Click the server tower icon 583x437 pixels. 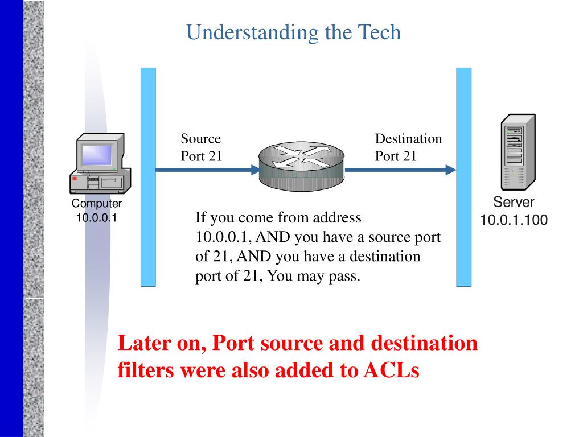coord(517,152)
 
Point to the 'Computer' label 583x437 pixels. coord(97,204)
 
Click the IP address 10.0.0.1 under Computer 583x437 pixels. coord(97,217)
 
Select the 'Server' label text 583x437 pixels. coord(514,203)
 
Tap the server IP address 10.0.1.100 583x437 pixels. coord(514,220)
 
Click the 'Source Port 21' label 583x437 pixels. coord(202,147)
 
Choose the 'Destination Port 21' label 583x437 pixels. coord(408,147)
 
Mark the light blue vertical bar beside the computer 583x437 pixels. coord(148,176)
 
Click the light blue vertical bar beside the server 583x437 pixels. coord(464,176)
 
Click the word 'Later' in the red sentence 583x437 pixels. coord(141,344)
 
